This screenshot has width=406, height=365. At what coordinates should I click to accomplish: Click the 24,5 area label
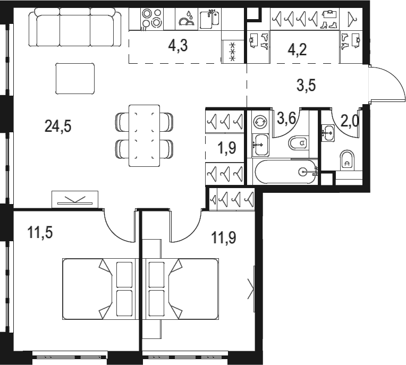click(x=58, y=126)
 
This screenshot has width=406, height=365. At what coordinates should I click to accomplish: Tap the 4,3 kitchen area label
click(x=177, y=46)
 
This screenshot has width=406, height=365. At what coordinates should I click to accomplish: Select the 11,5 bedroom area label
click(x=40, y=232)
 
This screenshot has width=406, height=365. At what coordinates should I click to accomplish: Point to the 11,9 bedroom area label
click(x=224, y=237)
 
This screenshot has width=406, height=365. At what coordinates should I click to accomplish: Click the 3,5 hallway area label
click(x=306, y=85)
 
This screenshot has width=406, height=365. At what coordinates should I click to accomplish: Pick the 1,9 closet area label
click(x=227, y=148)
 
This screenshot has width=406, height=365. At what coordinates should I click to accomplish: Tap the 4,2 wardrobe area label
click(x=297, y=49)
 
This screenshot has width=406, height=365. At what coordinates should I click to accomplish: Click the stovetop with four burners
click(x=152, y=19)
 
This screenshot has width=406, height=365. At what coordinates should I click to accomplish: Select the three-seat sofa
click(x=75, y=27)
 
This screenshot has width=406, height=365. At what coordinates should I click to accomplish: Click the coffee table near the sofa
click(x=75, y=79)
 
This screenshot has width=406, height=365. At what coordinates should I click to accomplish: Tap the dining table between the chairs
click(x=144, y=135)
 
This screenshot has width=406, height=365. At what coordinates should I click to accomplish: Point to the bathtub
click(x=286, y=172)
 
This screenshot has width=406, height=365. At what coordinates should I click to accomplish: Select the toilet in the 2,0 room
click(x=347, y=160)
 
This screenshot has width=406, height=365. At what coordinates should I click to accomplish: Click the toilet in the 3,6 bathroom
click(x=298, y=143)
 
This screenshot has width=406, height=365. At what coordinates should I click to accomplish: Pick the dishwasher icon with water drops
click(x=187, y=19)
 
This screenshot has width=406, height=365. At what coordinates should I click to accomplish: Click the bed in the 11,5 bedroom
click(x=99, y=289)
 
